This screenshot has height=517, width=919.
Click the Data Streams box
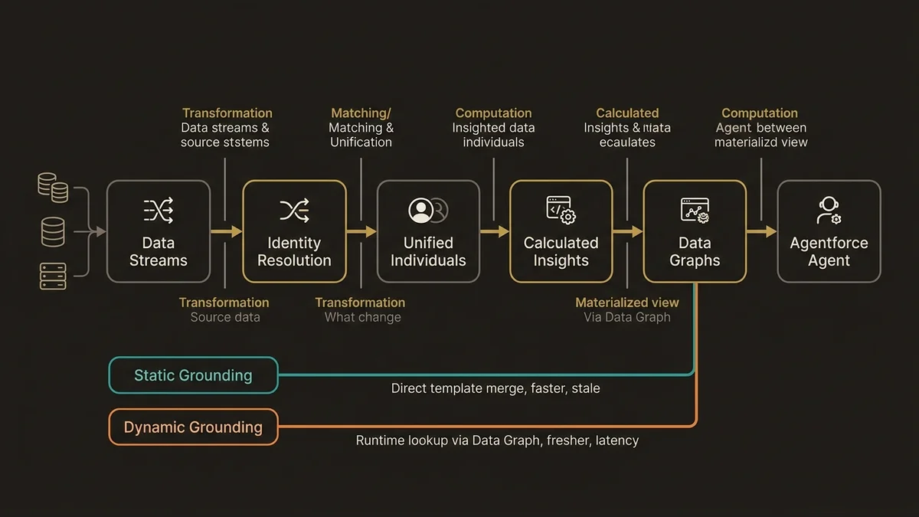[x=158, y=231]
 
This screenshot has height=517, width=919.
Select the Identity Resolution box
[x=294, y=231]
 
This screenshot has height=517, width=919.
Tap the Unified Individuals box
[x=428, y=231]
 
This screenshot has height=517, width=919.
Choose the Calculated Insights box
[x=561, y=231]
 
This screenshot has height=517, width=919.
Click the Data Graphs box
[x=695, y=231]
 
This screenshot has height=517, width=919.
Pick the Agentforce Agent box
[x=829, y=231]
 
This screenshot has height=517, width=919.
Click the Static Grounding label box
[x=193, y=375]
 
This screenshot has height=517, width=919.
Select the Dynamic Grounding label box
[x=193, y=427]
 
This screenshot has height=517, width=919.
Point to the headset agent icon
[x=829, y=210]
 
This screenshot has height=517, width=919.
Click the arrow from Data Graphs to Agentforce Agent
[x=761, y=231]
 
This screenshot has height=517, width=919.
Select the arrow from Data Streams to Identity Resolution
[x=227, y=231]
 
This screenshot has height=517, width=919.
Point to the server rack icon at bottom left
[x=53, y=275]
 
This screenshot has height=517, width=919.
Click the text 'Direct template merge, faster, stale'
[x=495, y=388]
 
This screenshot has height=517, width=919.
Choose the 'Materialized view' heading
[x=626, y=303]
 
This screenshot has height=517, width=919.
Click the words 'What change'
[x=362, y=317]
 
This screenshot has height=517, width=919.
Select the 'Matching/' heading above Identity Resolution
[x=361, y=113]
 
